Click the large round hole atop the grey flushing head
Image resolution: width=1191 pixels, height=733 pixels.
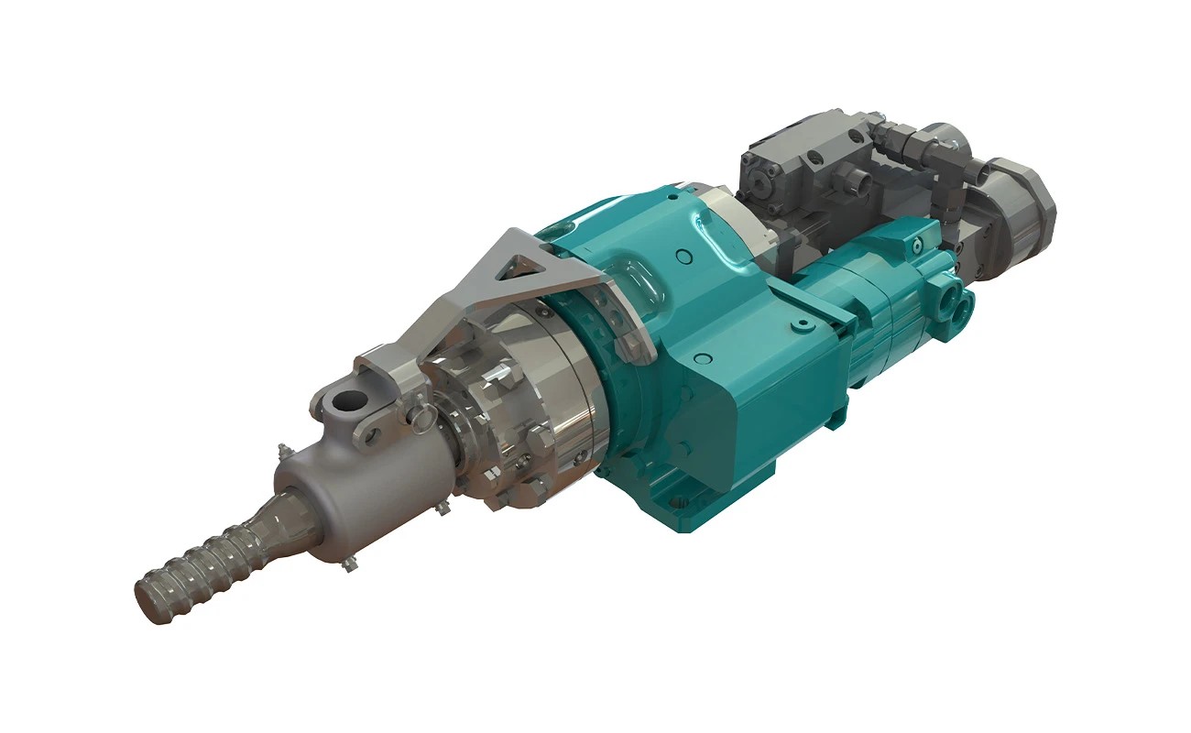click(x=349, y=400)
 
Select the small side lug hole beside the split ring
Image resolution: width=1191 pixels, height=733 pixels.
click(x=370, y=434)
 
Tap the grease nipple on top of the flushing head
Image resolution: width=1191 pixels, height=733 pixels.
click(x=283, y=452)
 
